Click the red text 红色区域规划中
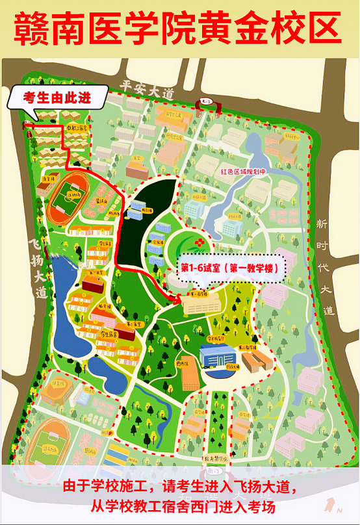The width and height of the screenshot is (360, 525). [245, 172]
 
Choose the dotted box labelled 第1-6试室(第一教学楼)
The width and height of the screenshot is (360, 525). [231, 268]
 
